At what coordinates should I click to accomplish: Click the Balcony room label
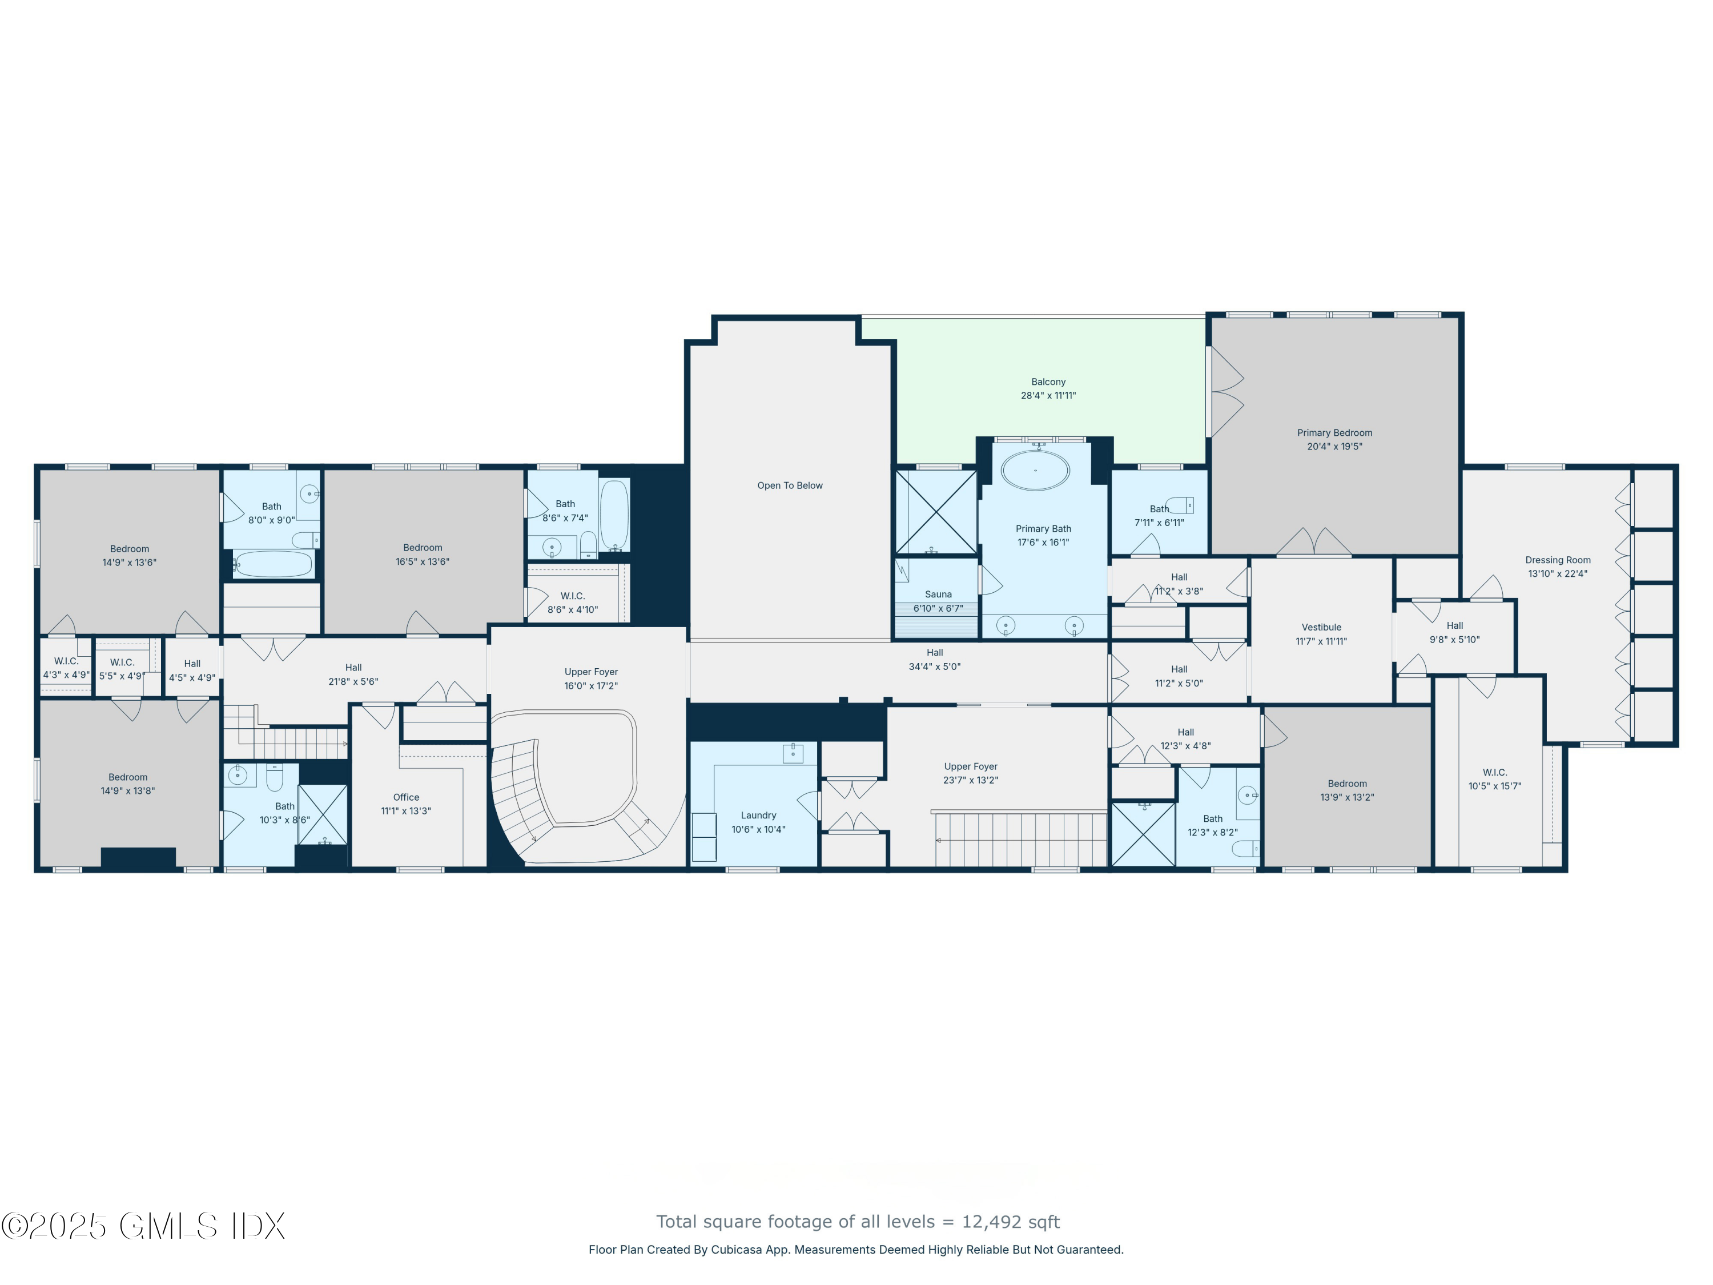[1048, 382]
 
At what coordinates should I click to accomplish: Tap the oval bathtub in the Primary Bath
[1035, 470]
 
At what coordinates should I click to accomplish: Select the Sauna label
[938, 594]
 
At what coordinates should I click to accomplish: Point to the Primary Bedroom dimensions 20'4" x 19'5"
[1334, 446]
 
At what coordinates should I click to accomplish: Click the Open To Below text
[790, 485]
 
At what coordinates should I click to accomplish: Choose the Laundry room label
[758, 815]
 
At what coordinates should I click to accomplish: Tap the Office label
[406, 797]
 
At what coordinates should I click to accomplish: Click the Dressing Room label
[1557, 560]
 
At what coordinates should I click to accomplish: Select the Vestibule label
[1321, 628]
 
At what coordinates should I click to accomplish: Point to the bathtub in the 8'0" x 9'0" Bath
[272, 564]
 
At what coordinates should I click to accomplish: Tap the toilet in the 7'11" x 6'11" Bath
[1181, 507]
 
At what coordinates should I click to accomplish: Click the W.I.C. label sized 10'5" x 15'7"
[1495, 772]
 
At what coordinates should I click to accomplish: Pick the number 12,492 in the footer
[987, 1222]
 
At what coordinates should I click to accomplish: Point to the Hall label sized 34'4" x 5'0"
[935, 652]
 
